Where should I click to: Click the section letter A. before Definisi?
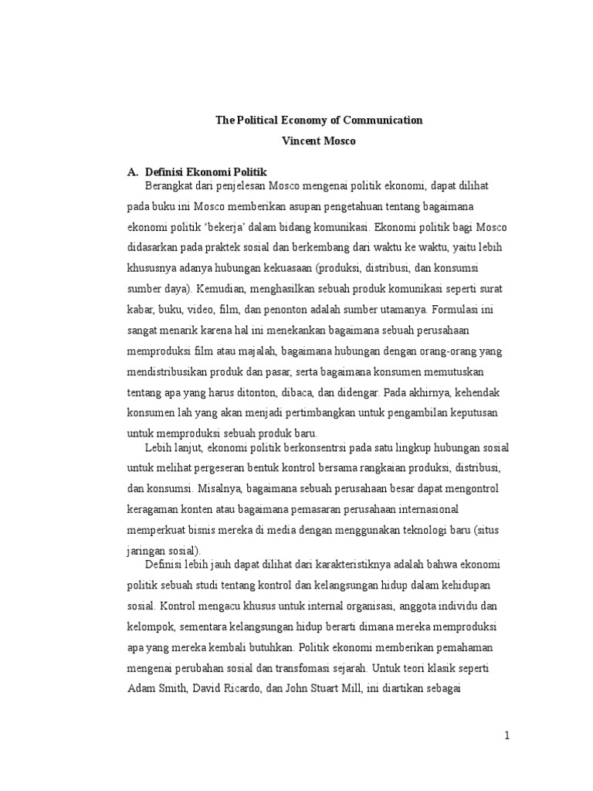[132, 171]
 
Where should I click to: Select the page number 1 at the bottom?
[507, 736]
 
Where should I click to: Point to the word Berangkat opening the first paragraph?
[169, 187]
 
